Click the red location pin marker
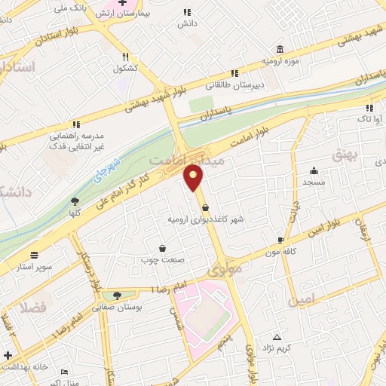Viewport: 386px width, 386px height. pos(195,178)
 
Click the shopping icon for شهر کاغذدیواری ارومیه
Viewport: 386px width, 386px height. pos(206,209)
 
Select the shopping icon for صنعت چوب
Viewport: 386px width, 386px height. pos(163,248)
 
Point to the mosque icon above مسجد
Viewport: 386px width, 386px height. pos(314,171)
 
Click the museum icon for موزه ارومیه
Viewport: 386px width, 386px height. pos(280,47)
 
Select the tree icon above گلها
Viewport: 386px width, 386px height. pos(75,201)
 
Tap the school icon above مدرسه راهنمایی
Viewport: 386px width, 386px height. pos(75,124)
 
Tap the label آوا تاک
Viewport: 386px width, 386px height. pos(369,118)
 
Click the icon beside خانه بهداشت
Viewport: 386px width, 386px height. pos(8,355)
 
